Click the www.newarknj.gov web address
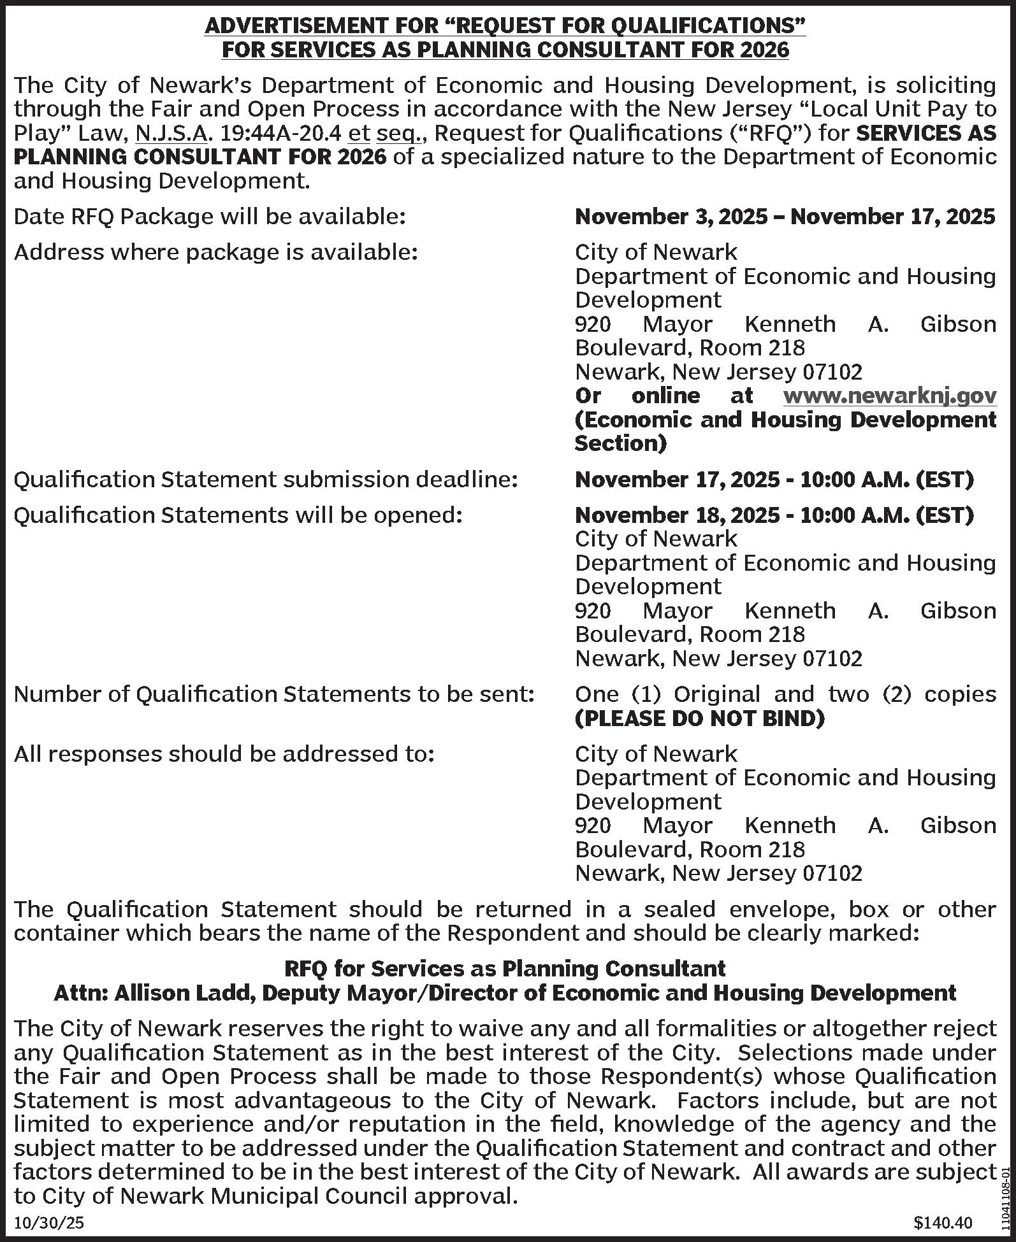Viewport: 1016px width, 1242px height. [x=889, y=396]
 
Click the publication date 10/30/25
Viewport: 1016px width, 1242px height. [x=49, y=1223]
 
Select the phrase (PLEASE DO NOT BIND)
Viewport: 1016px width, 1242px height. [x=699, y=718]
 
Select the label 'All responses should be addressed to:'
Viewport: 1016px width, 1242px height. [x=224, y=753]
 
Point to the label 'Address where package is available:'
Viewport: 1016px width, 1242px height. [x=216, y=253]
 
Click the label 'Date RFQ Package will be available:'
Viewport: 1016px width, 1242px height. [x=210, y=217]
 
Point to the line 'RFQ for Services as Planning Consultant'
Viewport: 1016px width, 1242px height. [x=504, y=969]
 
